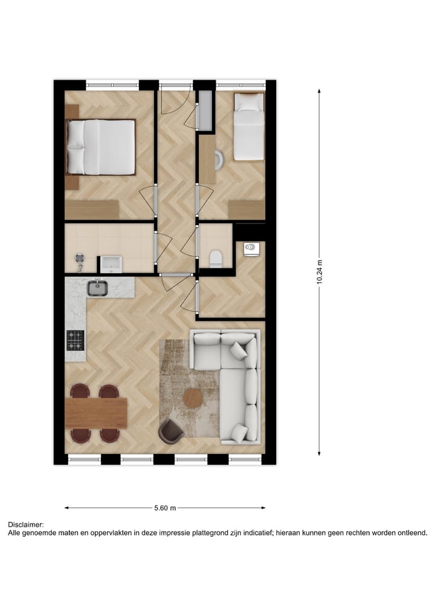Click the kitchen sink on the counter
[97, 288]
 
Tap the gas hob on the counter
[76, 341]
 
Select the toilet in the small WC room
[214, 258]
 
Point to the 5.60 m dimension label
[164, 508]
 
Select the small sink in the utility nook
[251, 248]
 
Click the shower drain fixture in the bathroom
[79, 258]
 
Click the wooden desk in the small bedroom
[207, 161]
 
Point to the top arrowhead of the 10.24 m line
[320, 89]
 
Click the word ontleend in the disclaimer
[411, 533]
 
